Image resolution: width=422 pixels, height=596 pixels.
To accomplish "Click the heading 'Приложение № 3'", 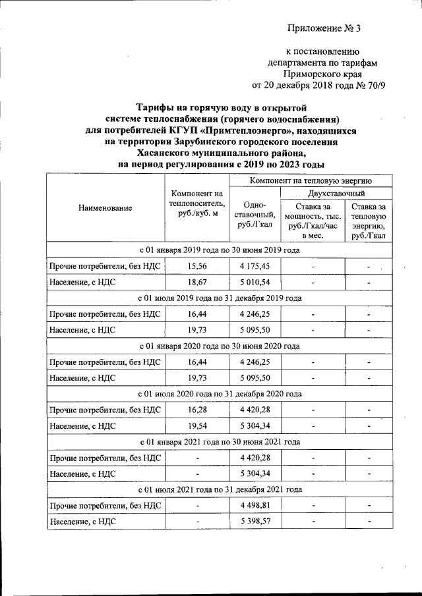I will [325, 28].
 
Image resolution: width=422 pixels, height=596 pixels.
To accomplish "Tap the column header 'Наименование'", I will [105, 207].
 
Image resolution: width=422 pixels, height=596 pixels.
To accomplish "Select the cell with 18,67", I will [197, 282].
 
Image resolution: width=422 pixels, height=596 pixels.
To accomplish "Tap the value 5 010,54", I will [254, 282].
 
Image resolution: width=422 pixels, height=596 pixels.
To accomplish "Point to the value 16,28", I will [197, 409].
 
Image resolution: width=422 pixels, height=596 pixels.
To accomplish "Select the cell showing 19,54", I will [197, 425].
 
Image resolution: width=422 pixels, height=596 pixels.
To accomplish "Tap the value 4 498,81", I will [254, 505].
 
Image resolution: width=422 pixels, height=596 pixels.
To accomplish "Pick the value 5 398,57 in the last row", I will [254, 521].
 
